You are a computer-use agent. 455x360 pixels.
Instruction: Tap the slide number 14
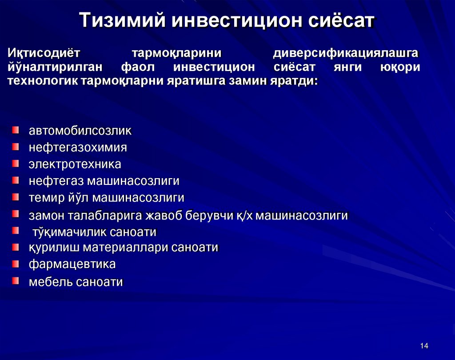point(423,346)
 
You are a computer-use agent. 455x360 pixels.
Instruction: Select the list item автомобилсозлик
point(80,131)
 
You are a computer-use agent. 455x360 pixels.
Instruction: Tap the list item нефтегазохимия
point(78,148)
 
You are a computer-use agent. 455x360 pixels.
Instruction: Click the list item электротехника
point(75,164)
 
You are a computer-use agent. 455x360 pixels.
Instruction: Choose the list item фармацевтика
point(72,264)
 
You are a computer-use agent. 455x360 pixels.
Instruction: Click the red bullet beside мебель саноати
point(16,280)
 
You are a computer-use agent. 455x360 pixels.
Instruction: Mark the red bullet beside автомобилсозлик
point(16,130)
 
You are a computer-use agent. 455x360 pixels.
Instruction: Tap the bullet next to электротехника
point(16,163)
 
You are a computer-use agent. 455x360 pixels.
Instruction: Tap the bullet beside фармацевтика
point(16,264)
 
